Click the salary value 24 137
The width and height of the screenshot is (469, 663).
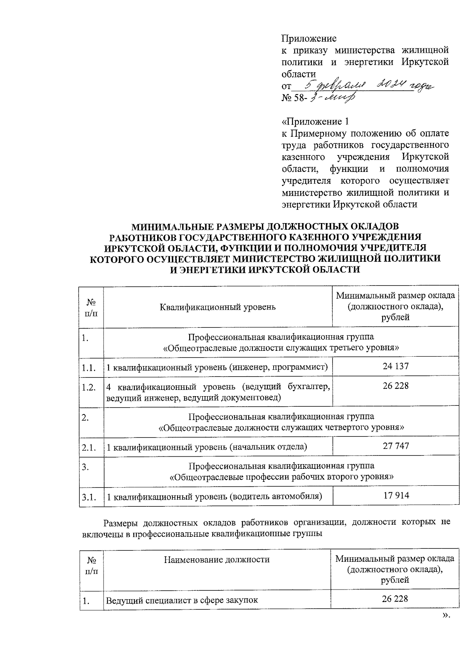click(x=396, y=366)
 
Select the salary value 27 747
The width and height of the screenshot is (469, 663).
click(x=396, y=446)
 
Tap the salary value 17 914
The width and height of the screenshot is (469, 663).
click(x=396, y=495)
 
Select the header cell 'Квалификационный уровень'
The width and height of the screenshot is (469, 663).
click(x=218, y=307)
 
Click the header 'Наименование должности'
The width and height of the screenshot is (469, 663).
click(x=217, y=559)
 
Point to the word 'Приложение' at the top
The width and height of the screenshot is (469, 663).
click(x=309, y=39)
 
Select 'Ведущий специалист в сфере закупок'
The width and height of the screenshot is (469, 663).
click(x=182, y=600)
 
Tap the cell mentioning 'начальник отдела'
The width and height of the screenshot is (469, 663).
click(x=207, y=447)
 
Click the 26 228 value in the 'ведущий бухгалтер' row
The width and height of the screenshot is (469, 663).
click(x=396, y=386)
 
